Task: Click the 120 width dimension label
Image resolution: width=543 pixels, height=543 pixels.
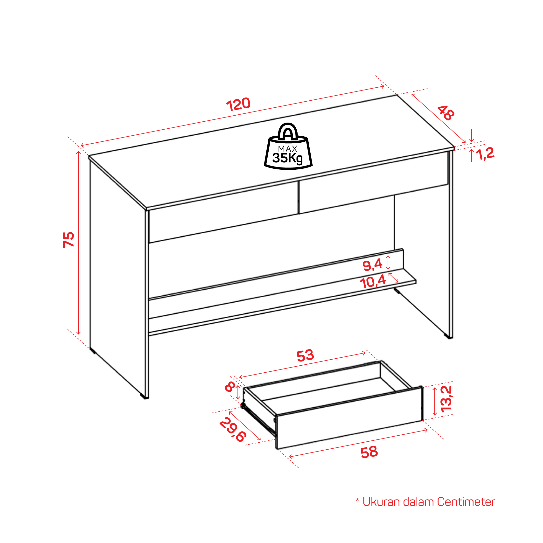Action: pyautogui.click(x=238, y=104)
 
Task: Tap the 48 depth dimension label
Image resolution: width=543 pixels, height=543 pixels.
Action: pyautogui.click(x=446, y=113)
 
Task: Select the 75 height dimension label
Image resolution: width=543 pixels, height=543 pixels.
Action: pyautogui.click(x=69, y=239)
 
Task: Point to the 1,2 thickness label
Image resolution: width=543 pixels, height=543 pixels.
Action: pyautogui.click(x=485, y=154)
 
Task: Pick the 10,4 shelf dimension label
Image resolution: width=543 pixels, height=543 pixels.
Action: pyautogui.click(x=373, y=282)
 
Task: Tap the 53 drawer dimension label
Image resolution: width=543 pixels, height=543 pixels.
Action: pyautogui.click(x=305, y=355)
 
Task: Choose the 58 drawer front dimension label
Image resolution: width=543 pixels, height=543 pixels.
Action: pyautogui.click(x=369, y=452)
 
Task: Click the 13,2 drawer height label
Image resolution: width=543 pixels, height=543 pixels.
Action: pyautogui.click(x=446, y=399)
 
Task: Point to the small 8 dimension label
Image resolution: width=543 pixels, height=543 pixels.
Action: pyautogui.click(x=230, y=387)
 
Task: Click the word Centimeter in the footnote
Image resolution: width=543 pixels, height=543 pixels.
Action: pyautogui.click(x=466, y=502)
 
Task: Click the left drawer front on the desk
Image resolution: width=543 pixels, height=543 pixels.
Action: pyautogui.click(x=223, y=212)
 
